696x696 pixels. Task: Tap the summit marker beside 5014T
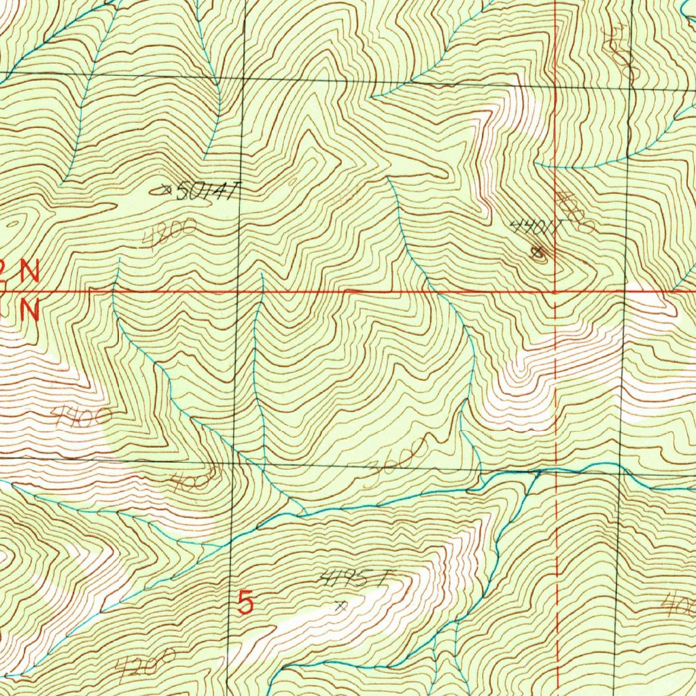[162, 191]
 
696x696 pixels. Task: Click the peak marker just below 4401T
[539, 253]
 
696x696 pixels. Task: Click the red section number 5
[246, 602]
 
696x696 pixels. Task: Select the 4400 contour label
[82, 415]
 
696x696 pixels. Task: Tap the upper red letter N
[29, 273]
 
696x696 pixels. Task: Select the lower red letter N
[29, 311]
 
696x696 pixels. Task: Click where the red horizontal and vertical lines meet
[555, 292]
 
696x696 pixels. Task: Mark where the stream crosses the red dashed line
[557, 469]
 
